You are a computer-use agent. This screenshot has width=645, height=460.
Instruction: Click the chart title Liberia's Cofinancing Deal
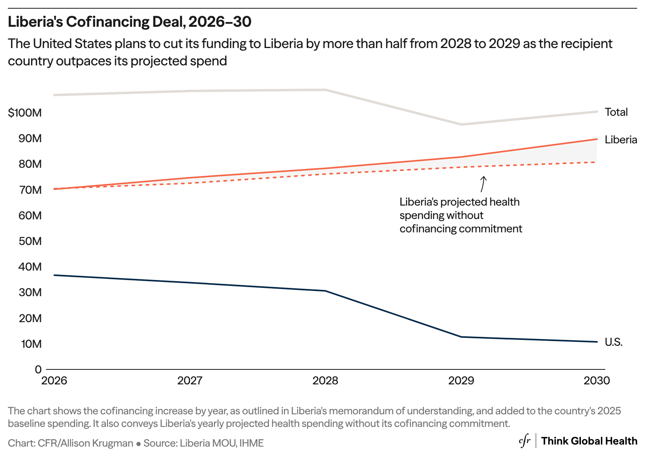[x=129, y=22]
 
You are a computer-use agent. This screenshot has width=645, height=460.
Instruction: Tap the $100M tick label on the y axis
[x=25, y=113]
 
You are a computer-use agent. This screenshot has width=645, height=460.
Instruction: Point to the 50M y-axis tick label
[x=30, y=241]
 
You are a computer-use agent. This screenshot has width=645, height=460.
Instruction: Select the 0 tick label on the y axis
[x=38, y=369]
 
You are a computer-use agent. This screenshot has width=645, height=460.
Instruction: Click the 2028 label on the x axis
[x=325, y=380]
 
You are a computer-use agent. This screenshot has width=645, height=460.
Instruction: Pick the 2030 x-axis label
[x=597, y=380]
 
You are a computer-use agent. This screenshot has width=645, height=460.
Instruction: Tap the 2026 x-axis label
[x=54, y=380]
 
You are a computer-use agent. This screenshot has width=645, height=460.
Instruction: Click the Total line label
[x=616, y=112]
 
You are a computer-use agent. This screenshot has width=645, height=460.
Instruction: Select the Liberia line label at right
[x=621, y=140]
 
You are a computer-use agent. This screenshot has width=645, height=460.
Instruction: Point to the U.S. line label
[x=614, y=342]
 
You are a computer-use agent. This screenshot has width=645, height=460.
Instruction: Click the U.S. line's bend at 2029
[x=461, y=337]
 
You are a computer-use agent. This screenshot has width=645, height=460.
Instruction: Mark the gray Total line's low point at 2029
[x=461, y=124]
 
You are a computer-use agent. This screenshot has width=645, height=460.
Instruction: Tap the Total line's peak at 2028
[x=326, y=90]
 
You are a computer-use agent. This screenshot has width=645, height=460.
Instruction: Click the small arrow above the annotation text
[x=483, y=184]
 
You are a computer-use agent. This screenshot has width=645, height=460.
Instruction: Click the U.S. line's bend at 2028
[x=326, y=291]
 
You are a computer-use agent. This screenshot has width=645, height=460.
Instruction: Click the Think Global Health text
[x=589, y=441]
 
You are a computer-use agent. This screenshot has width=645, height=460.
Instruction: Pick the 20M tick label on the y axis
[x=30, y=318]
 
